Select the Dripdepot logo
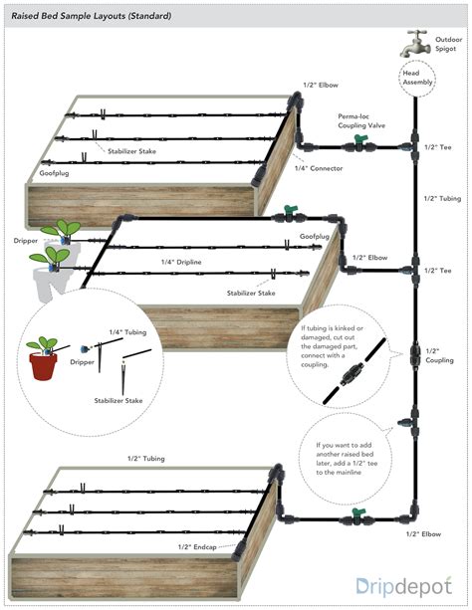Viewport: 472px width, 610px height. coord(404,587)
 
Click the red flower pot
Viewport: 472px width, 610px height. coord(43,365)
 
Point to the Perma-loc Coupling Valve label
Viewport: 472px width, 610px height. coord(361,121)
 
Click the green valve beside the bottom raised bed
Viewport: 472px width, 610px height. coord(358,515)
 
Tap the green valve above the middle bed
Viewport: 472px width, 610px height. coord(290,212)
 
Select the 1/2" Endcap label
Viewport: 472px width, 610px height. coord(197,547)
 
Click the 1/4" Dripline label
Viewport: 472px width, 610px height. coord(181,262)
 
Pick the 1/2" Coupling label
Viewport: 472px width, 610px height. coord(439,355)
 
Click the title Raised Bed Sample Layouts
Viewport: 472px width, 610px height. coord(92,16)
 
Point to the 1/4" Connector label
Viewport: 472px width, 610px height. coord(319,168)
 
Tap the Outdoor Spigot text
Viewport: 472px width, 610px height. coord(449,44)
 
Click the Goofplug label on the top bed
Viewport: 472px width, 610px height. coord(54,173)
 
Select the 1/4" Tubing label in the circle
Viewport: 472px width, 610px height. coord(127,331)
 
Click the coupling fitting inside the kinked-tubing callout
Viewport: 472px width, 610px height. coord(352,373)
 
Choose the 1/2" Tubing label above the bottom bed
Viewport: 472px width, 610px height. coord(146,459)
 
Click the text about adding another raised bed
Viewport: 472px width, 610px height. coord(347,459)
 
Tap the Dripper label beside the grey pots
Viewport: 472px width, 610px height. coord(26,241)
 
